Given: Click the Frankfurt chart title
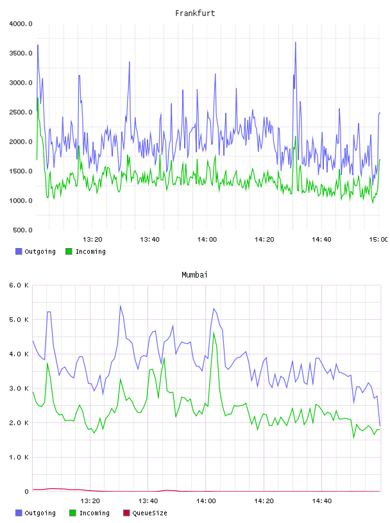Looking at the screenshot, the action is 195,13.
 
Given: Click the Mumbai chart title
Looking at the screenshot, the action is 194,275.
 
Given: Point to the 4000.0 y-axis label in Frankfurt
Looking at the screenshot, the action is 21,24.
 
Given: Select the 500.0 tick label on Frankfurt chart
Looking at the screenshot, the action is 22,230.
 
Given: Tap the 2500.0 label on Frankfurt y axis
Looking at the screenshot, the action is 21,112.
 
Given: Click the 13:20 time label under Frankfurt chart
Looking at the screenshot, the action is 92,240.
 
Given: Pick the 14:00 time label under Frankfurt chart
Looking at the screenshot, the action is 207,240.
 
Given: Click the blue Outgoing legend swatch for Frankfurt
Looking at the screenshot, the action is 19,251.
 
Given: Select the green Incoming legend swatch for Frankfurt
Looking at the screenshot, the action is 69,251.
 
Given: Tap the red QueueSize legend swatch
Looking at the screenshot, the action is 126,513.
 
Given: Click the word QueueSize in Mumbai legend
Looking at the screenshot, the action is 150,513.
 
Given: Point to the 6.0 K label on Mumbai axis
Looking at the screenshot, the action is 19,285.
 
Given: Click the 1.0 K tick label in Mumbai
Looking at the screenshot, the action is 19,457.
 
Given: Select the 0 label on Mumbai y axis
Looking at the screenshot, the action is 26,492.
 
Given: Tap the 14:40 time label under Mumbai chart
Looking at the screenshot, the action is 322,501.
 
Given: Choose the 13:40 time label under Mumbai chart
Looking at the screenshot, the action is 148,501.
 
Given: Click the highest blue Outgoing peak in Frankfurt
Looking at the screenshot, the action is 296,42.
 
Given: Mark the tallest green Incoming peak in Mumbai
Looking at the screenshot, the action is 214,333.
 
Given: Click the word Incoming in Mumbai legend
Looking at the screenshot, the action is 94,513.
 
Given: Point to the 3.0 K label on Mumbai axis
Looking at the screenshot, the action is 19,388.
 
